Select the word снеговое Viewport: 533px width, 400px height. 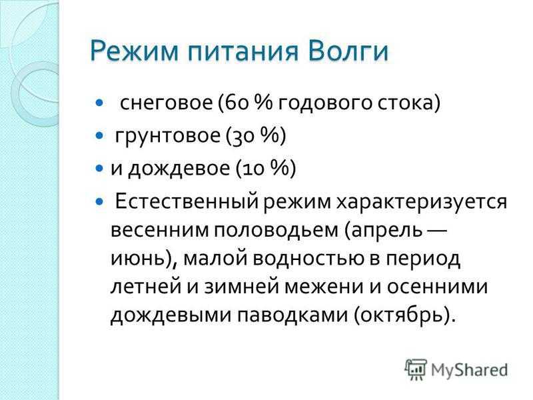(166, 103)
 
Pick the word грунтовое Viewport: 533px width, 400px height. (168, 136)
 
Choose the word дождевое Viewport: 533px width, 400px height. (179, 169)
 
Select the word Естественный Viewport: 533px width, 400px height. (187, 202)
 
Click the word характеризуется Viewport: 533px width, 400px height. (422, 202)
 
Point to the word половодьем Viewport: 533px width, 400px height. (276, 230)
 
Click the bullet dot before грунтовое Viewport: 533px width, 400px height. (99, 136)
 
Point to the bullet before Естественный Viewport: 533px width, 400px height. (99, 202)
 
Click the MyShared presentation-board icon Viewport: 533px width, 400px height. (416, 369)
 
